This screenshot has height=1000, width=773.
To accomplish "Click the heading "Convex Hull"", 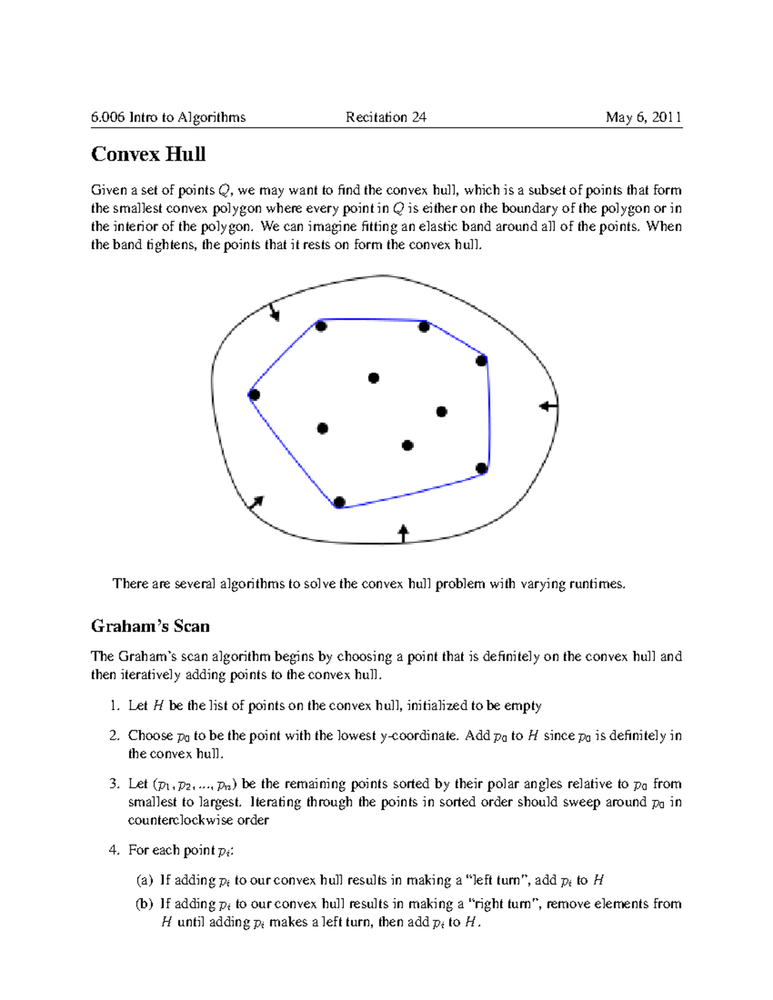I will [x=148, y=155].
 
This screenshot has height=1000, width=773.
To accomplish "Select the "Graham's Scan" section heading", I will [x=150, y=627].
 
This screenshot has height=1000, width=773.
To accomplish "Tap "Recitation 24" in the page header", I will [x=386, y=117].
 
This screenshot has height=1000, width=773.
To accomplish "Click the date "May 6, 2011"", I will [x=643, y=117].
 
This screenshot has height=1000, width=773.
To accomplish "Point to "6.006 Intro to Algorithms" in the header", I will [x=168, y=117].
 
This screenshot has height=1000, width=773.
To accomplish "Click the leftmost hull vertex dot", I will [x=254, y=395].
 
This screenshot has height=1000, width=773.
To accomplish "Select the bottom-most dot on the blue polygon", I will [x=339, y=502].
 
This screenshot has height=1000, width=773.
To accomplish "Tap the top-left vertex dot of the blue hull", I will [x=321, y=326].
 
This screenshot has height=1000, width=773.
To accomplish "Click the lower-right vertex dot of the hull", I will [x=481, y=468].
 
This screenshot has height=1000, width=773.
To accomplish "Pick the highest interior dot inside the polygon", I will [x=374, y=378].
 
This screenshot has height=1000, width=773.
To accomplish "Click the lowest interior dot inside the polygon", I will [x=407, y=445].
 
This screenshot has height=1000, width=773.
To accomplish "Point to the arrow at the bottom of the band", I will [x=403, y=533].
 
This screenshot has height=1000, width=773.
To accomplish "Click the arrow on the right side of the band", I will [x=548, y=406].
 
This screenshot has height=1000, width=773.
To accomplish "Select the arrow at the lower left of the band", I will [x=256, y=503].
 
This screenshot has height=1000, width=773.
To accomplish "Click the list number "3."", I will [x=115, y=784].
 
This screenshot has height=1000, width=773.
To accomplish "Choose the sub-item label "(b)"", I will [x=144, y=904].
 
